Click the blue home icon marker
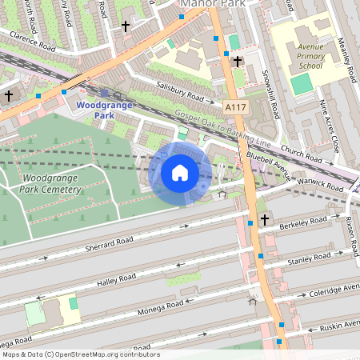[180, 173]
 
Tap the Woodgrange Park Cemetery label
[52, 183]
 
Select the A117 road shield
[236, 106]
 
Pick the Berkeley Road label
[304, 222]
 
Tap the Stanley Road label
[310, 258]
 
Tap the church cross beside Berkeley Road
[265, 219]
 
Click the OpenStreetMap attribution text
[80, 354]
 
